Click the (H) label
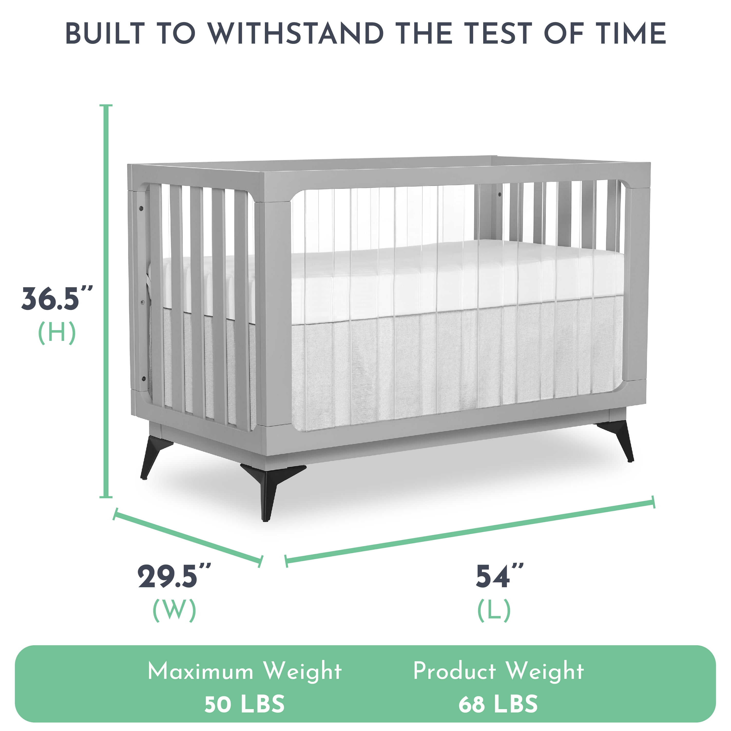57,334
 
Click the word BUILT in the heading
106,34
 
